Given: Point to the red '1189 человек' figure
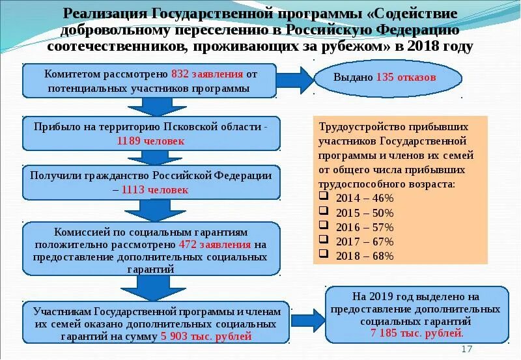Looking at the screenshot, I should (151, 140).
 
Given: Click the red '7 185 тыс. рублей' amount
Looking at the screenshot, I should (417, 333).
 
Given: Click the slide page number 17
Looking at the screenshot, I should (466, 350).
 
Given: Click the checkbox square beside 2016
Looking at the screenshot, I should (324, 227).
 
